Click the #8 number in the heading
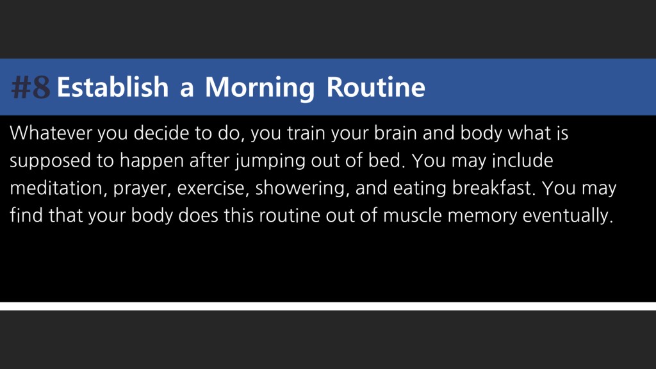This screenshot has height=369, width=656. pos(31,87)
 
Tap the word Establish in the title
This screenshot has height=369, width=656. pos(113,87)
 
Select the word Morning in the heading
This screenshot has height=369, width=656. pos(259,88)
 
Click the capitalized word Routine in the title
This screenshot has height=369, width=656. pos(375,87)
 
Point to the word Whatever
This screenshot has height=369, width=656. pos(51,133)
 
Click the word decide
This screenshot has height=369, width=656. pos(161,133)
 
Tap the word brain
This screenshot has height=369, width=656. pos(395,133)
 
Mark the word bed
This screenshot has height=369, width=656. pos(386,161)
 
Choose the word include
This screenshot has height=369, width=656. pos(522,161)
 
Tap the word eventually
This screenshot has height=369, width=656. pos(568,217)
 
